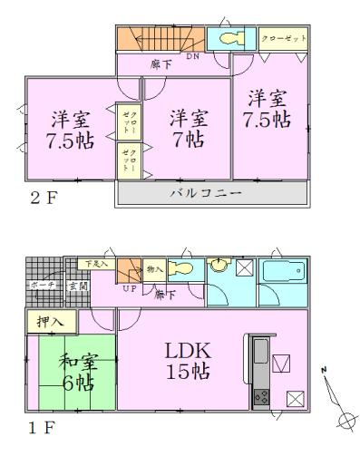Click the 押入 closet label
click(x=50, y=321)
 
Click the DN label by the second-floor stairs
click(x=192, y=56)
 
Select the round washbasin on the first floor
click(x=219, y=266)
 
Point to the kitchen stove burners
click(x=259, y=395)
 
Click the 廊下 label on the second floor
click(x=161, y=65)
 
